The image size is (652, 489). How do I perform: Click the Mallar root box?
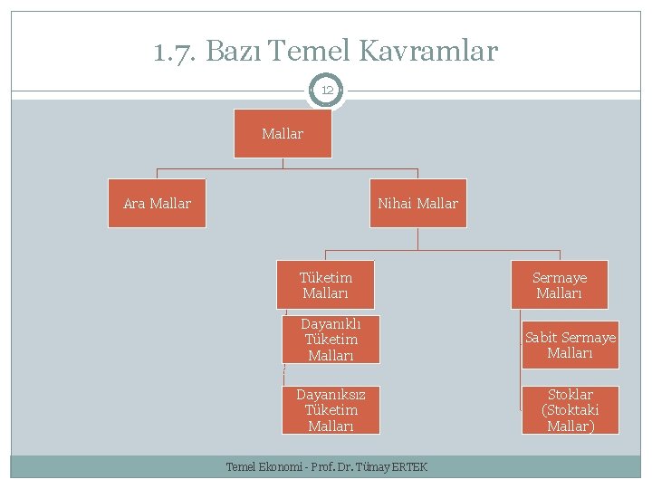[x=283, y=134]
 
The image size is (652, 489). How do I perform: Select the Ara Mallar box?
[x=157, y=204]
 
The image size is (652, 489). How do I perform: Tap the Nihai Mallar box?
[x=417, y=204]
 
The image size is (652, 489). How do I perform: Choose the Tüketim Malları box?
[x=326, y=285]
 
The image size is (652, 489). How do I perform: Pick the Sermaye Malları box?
[x=560, y=285]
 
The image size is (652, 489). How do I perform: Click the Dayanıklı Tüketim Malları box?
[x=331, y=340]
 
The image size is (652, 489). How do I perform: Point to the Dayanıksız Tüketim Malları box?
[x=331, y=410]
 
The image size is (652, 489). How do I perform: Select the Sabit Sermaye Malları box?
[x=570, y=345]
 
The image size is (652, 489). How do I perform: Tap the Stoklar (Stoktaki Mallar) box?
[x=570, y=410]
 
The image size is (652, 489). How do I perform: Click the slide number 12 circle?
[x=326, y=91]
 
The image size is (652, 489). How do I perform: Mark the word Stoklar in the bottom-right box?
[x=570, y=395]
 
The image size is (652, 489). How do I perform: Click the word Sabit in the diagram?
[x=542, y=338]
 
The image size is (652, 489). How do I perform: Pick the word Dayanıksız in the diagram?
[x=331, y=395]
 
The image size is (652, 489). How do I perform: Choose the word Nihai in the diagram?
[x=395, y=204]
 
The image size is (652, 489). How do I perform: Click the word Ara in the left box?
[x=134, y=204]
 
